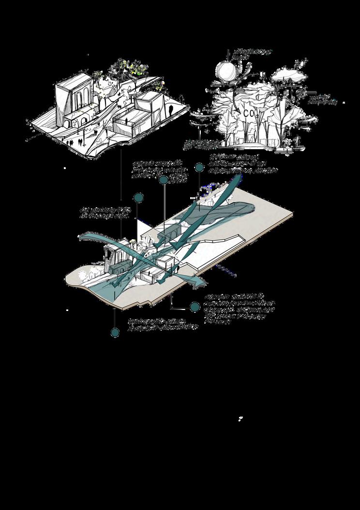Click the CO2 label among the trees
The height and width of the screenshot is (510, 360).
pos(250,113)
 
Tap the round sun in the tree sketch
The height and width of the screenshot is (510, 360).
pos(226,71)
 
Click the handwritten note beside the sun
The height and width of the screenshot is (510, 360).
pos(253,54)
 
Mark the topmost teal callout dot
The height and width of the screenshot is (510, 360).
pos(198,167)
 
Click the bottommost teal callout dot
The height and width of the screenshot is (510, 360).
pos(115,332)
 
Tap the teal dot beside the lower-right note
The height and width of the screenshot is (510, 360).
pos(195,307)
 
